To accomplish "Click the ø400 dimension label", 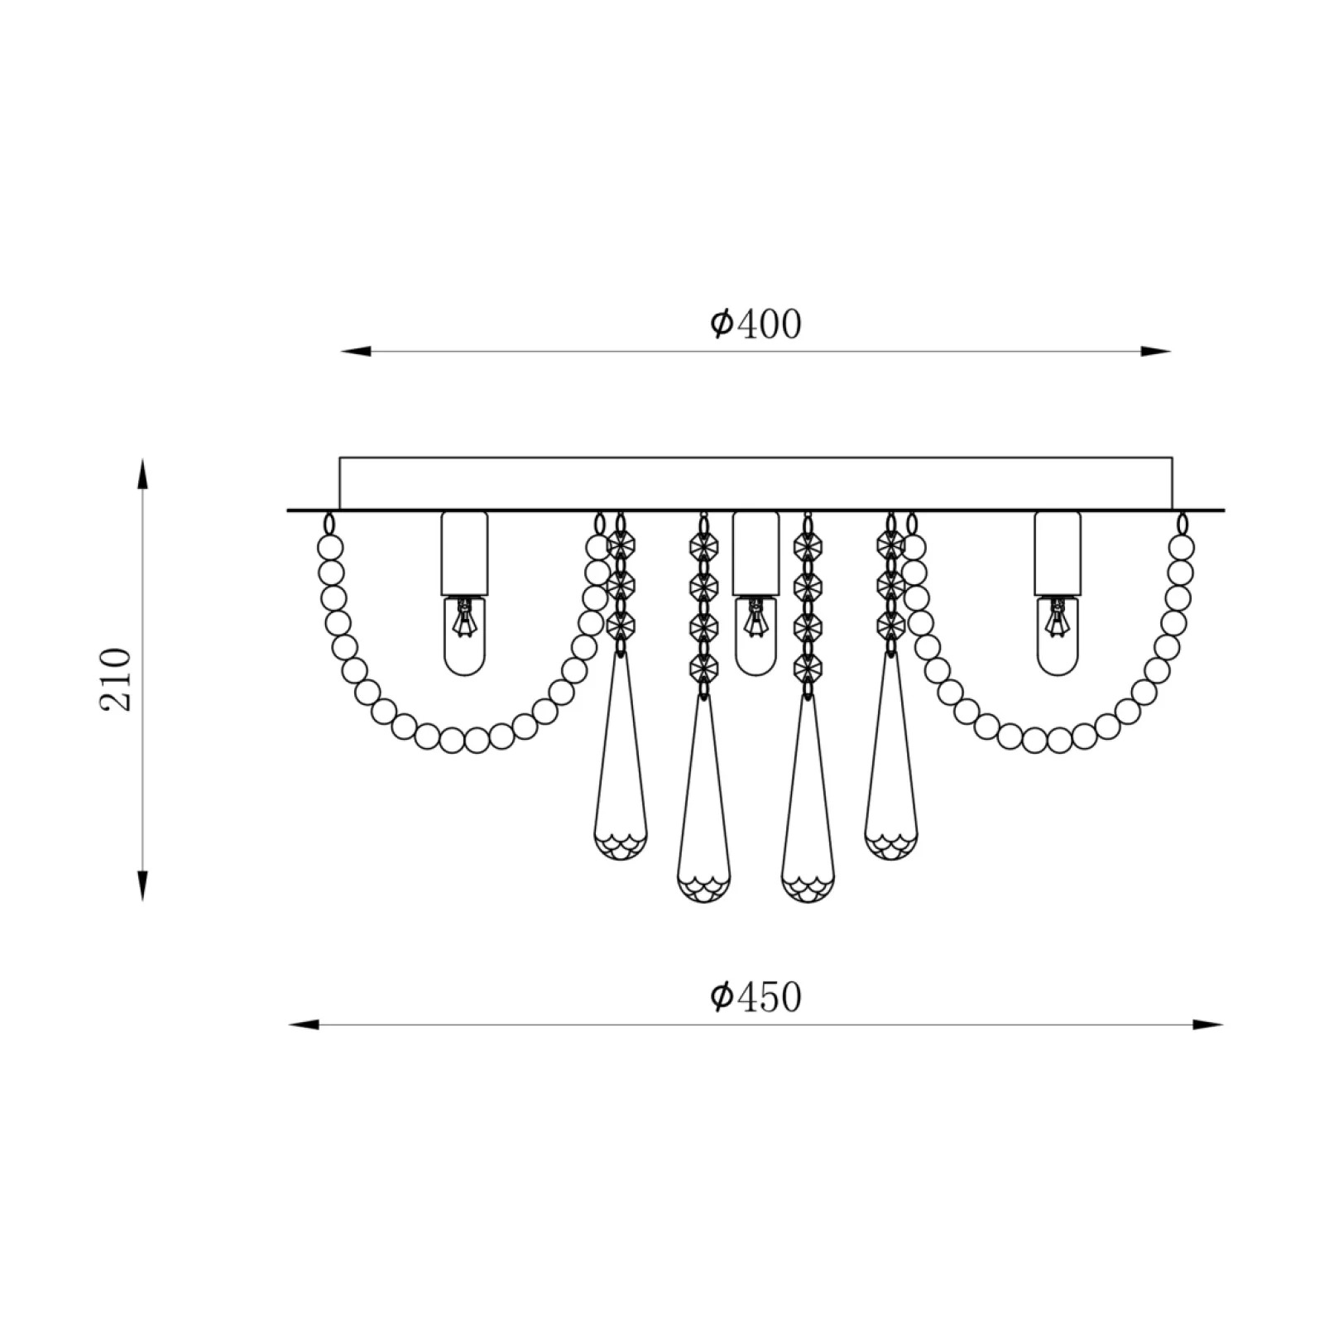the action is pyautogui.click(x=756, y=324).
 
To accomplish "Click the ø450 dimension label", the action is pyautogui.click(x=756, y=997).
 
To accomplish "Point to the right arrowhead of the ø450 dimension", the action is pyautogui.click(x=1208, y=1025).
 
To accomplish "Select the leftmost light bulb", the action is pyautogui.click(x=464, y=636).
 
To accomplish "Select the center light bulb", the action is pyautogui.click(x=756, y=636).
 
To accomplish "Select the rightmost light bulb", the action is pyautogui.click(x=1058, y=636).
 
